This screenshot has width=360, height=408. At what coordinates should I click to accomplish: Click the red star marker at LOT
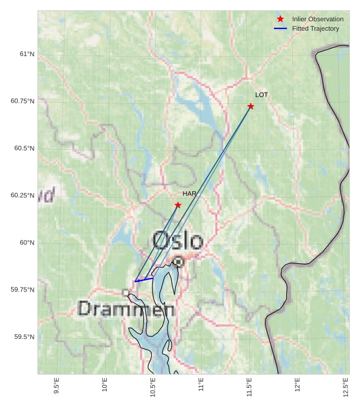[251, 106]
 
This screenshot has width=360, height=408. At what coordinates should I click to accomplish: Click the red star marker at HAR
[178, 205]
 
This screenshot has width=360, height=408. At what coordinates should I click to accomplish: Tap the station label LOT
[261, 95]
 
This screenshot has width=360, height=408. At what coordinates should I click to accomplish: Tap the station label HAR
[189, 194]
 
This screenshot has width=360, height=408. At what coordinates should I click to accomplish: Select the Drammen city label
[126, 309]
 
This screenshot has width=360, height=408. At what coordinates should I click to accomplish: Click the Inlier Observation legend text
[318, 19]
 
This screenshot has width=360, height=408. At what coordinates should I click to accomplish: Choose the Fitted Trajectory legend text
[316, 28]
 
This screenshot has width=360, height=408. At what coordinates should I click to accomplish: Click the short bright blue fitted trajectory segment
[144, 279]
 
